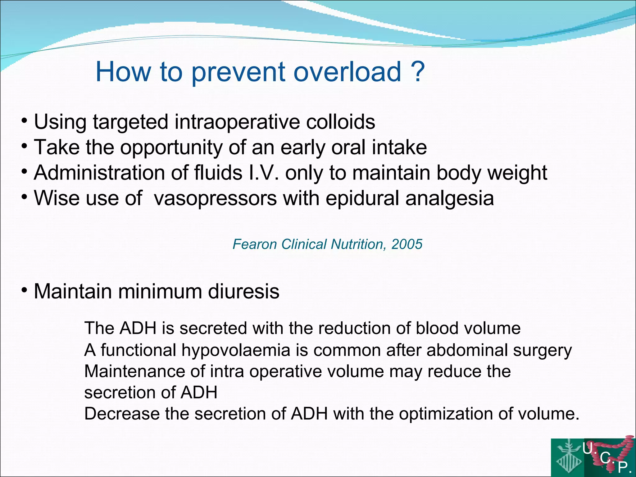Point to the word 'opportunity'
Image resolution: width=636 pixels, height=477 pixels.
[x=171, y=148]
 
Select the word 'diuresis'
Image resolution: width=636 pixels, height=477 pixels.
[x=243, y=292]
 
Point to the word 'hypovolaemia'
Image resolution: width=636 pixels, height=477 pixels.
[x=236, y=350]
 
